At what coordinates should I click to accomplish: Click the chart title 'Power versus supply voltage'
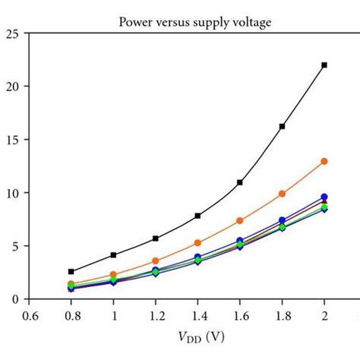(x=196, y=21)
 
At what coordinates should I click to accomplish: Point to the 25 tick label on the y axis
(x=11, y=33)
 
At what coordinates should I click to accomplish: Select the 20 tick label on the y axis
(x=11, y=87)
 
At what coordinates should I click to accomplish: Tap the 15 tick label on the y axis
(x=11, y=140)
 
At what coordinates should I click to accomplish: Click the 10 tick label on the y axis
(x=11, y=193)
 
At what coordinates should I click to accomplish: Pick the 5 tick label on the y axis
(x=14, y=246)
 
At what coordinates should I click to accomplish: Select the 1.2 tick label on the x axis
(x=156, y=314)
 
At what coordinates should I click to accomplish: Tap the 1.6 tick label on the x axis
(x=240, y=314)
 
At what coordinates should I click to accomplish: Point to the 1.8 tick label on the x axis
(x=282, y=314)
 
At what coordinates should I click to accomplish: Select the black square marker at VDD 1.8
(x=282, y=126)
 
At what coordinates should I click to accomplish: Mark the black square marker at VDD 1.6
(x=240, y=182)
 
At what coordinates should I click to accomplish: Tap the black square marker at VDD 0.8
(x=71, y=271)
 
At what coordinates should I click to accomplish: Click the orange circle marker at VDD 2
(x=324, y=161)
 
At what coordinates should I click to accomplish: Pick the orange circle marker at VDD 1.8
(x=282, y=194)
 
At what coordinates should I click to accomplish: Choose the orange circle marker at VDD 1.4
(x=197, y=243)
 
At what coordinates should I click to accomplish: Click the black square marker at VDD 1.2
(x=156, y=238)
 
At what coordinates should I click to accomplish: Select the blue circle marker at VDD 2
(x=324, y=197)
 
